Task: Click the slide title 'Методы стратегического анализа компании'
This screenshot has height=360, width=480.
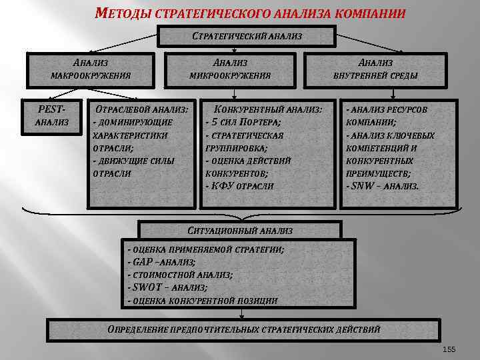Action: coord(250,13)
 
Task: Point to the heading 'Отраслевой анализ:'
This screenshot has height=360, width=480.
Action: coord(142,109)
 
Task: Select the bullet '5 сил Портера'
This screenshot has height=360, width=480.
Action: coord(245,122)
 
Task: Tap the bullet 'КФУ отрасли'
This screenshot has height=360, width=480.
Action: coord(241,185)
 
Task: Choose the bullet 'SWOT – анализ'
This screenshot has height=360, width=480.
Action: coord(169,287)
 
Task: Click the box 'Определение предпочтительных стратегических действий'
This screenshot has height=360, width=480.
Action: coord(244,329)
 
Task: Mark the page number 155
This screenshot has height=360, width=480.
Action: coord(449,349)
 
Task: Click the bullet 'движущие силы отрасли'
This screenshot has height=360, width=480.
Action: coord(133,166)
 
